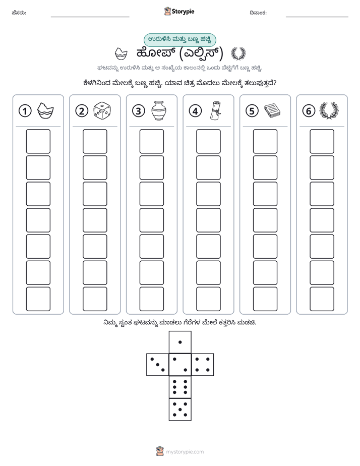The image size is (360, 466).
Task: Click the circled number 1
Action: pyautogui.click(x=25, y=111)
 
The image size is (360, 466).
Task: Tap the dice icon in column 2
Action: pyautogui.click(x=102, y=111)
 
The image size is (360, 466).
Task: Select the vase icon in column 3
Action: pyautogui.click(x=159, y=111)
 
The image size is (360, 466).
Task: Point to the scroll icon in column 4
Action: pyautogui.click(x=215, y=111)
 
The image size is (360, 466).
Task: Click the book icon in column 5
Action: pyautogui.click(x=272, y=110)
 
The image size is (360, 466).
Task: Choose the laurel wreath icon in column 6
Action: pyautogui.click(x=329, y=111)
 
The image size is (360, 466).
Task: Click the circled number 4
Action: pyautogui.click(x=195, y=111)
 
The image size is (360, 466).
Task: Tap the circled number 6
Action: pyautogui.click(x=309, y=111)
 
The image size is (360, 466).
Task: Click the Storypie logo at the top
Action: pyautogui.click(x=179, y=12)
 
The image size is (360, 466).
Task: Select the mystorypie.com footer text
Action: pyautogui.click(x=185, y=452)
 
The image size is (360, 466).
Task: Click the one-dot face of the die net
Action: pyautogui.click(x=180, y=342)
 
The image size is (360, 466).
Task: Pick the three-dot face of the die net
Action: pyautogui.click(x=158, y=364)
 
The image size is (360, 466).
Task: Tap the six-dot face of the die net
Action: pyautogui.click(x=180, y=387)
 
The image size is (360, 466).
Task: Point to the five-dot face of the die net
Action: pyautogui.click(x=180, y=409)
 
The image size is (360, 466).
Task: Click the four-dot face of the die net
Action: pyautogui.click(x=203, y=364)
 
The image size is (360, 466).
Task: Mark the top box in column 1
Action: pyautogui.click(x=38, y=141)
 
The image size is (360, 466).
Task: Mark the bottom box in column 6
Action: pyautogui.click(x=322, y=299)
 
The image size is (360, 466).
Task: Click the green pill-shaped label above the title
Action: pyautogui.click(x=179, y=40)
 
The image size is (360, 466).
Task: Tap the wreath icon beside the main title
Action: pyautogui.click(x=238, y=53)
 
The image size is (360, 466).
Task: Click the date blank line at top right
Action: pyautogui.click(x=317, y=17)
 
